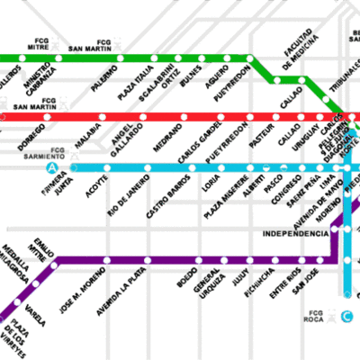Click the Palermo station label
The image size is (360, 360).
click(104, 78)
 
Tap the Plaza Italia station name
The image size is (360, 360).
click(137, 78)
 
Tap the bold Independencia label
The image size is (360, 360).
click(295, 233)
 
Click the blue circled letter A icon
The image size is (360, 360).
click(54, 166)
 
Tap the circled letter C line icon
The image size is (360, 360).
click(346, 315)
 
